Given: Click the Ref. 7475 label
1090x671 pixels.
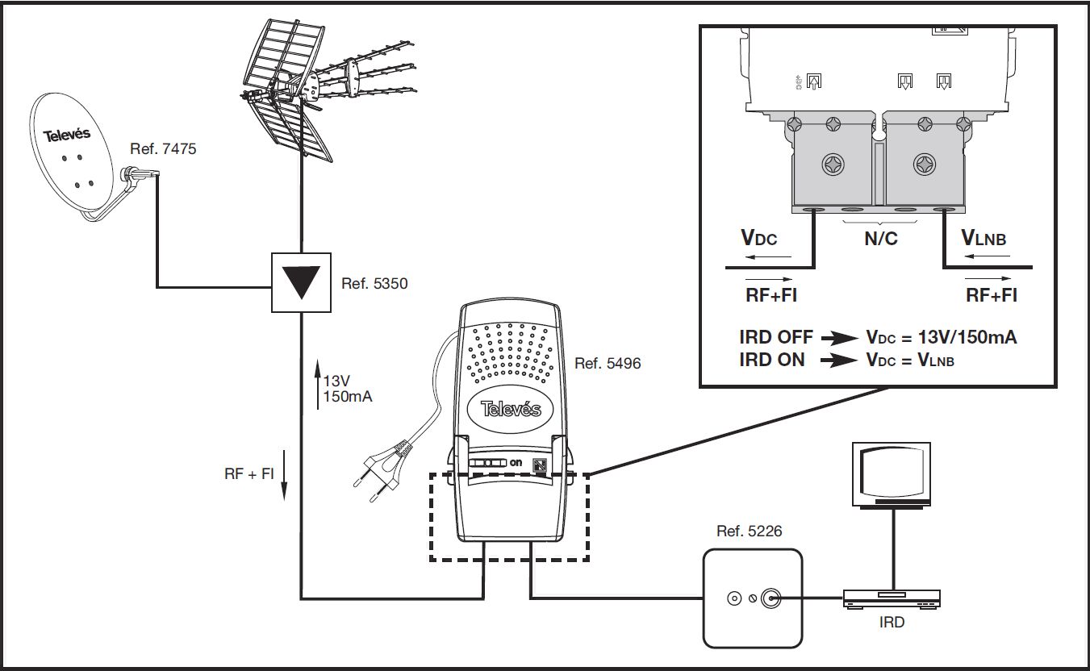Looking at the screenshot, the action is (x=163, y=149).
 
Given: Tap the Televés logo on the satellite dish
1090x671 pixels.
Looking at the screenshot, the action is (x=67, y=135).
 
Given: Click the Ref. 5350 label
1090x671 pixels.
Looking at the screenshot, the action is (x=374, y=283).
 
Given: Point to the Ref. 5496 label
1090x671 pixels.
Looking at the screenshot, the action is (x=608, y=363).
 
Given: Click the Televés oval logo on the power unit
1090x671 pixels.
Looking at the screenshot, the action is (x=511, y=409).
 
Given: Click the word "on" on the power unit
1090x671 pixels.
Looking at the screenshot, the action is (x=516, y=462).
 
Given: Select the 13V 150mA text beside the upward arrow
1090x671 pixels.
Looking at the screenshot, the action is (x=348, y=389).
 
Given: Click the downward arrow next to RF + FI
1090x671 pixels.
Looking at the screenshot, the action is (x=285, y=475).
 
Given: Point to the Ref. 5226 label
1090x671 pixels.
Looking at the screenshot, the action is (x=749, y=531).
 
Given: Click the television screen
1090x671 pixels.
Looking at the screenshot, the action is (x=892, y=472).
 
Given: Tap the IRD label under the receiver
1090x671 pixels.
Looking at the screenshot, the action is (x=892, y=622).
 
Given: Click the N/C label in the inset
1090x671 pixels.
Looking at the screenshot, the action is (x=881, y=239).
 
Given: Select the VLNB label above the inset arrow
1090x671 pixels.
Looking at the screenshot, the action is (x=984, y=237).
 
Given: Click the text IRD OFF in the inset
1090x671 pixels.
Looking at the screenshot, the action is (x=775, y=337).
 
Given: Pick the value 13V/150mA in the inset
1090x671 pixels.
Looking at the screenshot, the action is (x=967, y=337).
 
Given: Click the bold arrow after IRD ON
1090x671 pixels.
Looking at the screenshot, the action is (x=838, y=361).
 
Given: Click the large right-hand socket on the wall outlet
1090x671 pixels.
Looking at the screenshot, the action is (x=771, y=598).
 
